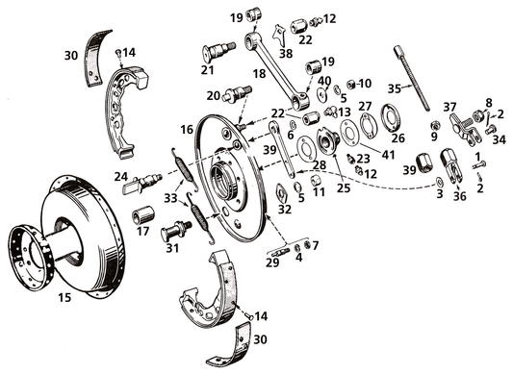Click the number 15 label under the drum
pos(65,298)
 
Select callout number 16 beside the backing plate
pos(187,129)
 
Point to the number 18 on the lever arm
pos(258,71)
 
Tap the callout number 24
pos(120,176)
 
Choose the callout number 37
pos(449,106)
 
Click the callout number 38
pos(285,54)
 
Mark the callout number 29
pos(272,262)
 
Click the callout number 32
pos(285,209)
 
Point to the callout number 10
pos(365,83)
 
